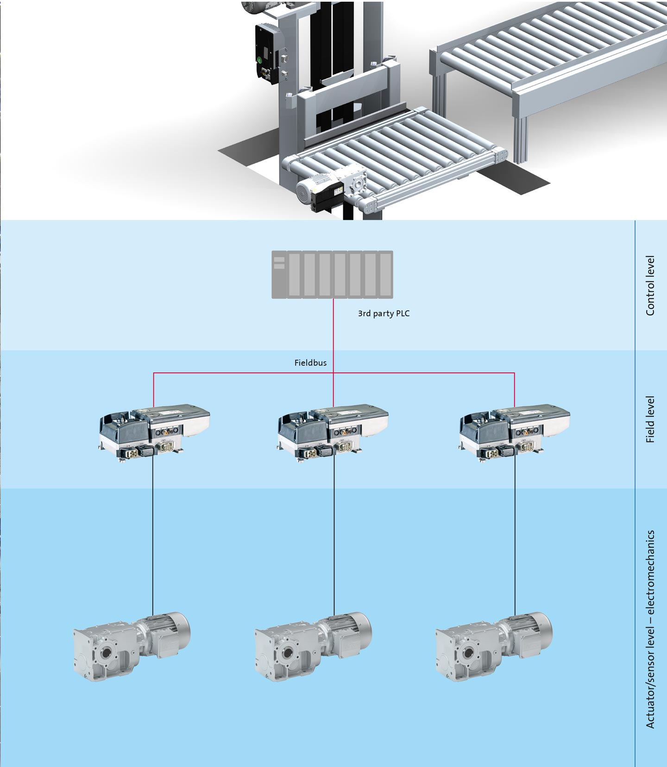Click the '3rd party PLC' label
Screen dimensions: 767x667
click(x=384, y=314)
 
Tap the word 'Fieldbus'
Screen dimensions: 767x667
click(x=310, y=363)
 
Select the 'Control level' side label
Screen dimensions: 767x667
click(x=650, y=285)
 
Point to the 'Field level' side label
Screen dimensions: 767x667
click(x=650, y=419)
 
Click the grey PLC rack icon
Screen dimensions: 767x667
click(x=332, y=275)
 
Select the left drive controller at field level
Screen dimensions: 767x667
click(x=155, y=431)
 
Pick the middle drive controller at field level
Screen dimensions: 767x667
click(x=333, y=431)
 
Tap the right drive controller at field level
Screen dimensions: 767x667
click(x=515, y=431)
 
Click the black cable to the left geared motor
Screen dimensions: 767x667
click(x=153, y=537)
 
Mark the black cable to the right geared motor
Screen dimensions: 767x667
click(x=515, y=537)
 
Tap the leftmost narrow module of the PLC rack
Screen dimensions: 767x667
click(x=279, y=275)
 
